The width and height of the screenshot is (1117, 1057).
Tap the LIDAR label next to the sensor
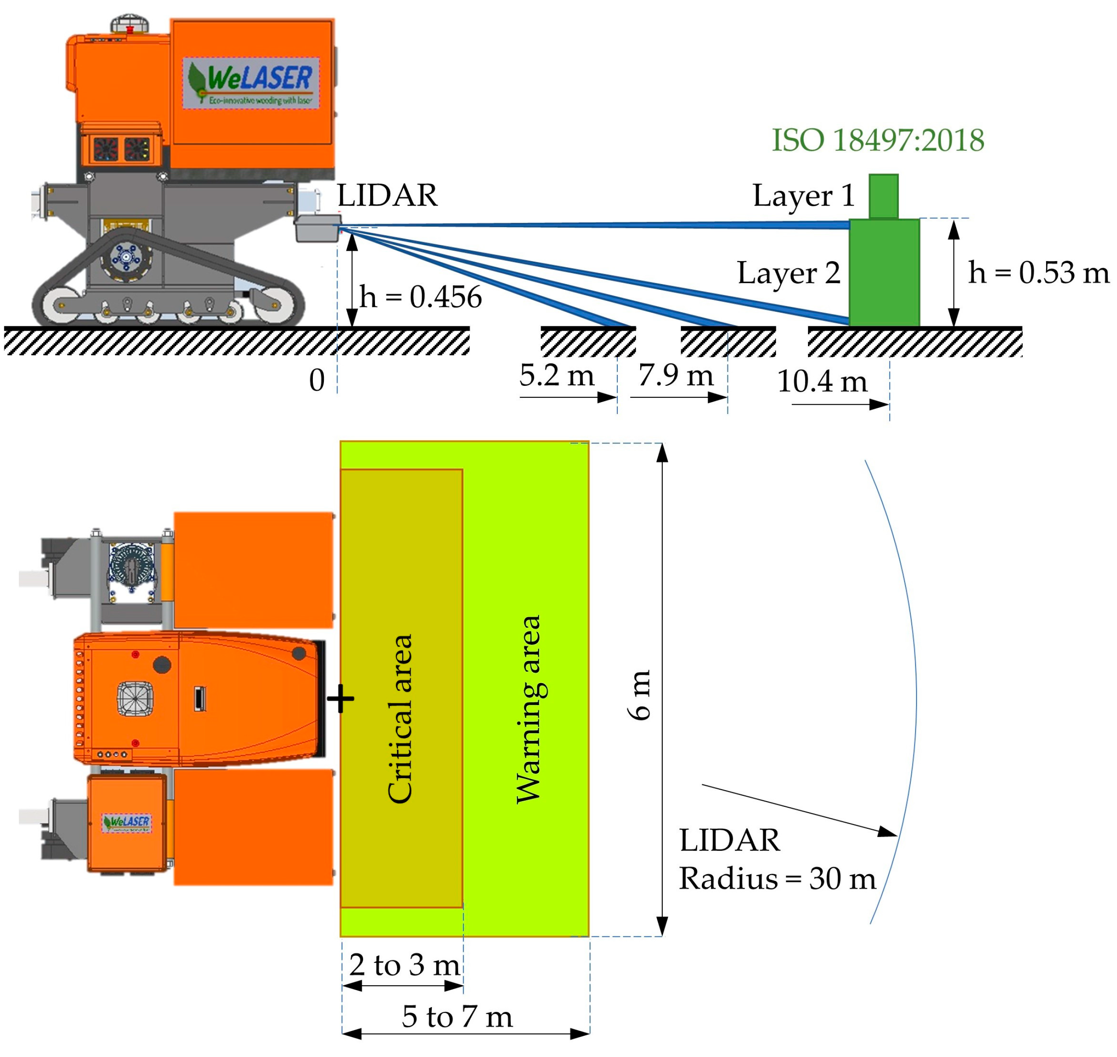(387, 196)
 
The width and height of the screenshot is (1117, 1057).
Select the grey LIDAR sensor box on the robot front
(317, 228)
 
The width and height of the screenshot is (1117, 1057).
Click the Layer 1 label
(803, 196)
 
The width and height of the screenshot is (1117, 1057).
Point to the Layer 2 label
(788, 273)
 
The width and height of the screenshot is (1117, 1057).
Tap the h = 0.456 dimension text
(420, 297)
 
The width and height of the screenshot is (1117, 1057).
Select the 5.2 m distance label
(556, 375)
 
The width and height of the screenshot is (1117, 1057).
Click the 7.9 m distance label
(676, 375)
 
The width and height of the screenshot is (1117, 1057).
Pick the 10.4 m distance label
(822, 381)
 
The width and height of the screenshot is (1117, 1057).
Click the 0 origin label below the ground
(317, 381)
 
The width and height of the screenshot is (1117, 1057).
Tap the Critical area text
(401, 718)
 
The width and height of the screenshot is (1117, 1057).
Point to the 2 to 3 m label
(404, 965)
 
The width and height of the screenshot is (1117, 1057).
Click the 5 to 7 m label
(457, 1017)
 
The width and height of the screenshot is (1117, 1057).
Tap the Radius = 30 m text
(777, 878)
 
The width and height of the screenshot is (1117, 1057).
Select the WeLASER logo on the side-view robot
(251, 83)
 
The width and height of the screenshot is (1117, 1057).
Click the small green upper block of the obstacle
(883, 196)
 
